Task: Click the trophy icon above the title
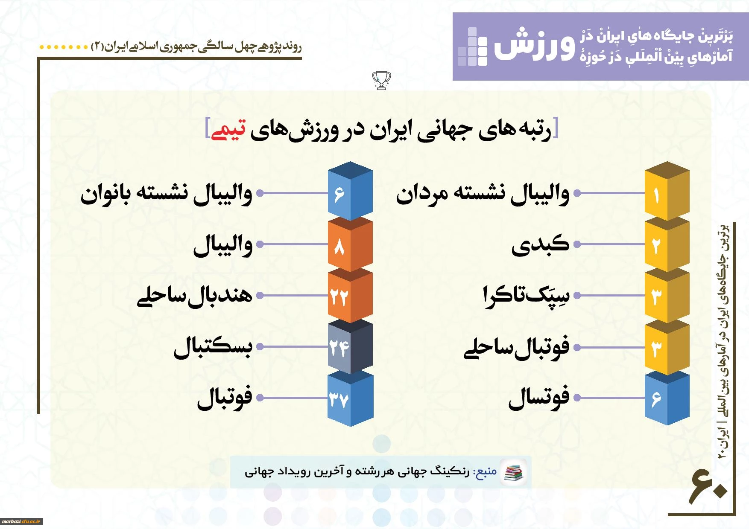coord(381,80)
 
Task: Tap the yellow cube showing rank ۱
coord(667,191)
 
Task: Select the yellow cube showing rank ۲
coord(667,244)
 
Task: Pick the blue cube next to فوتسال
coord(667,398)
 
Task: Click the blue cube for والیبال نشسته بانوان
coord(350,191)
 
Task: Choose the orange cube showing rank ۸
coord(350,244)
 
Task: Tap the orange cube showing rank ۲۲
coord(350,295)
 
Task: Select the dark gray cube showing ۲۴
coord(350,346)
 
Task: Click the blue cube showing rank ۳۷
coord(350,398)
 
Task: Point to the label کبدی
coord(541,244)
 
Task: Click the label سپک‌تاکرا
coord(526,296)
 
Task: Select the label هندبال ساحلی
coord(195,296)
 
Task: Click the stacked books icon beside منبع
coord(513,472)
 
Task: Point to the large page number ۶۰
coord(708,486)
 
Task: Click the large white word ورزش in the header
coord(535,45)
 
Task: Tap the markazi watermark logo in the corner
coord(21,521)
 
